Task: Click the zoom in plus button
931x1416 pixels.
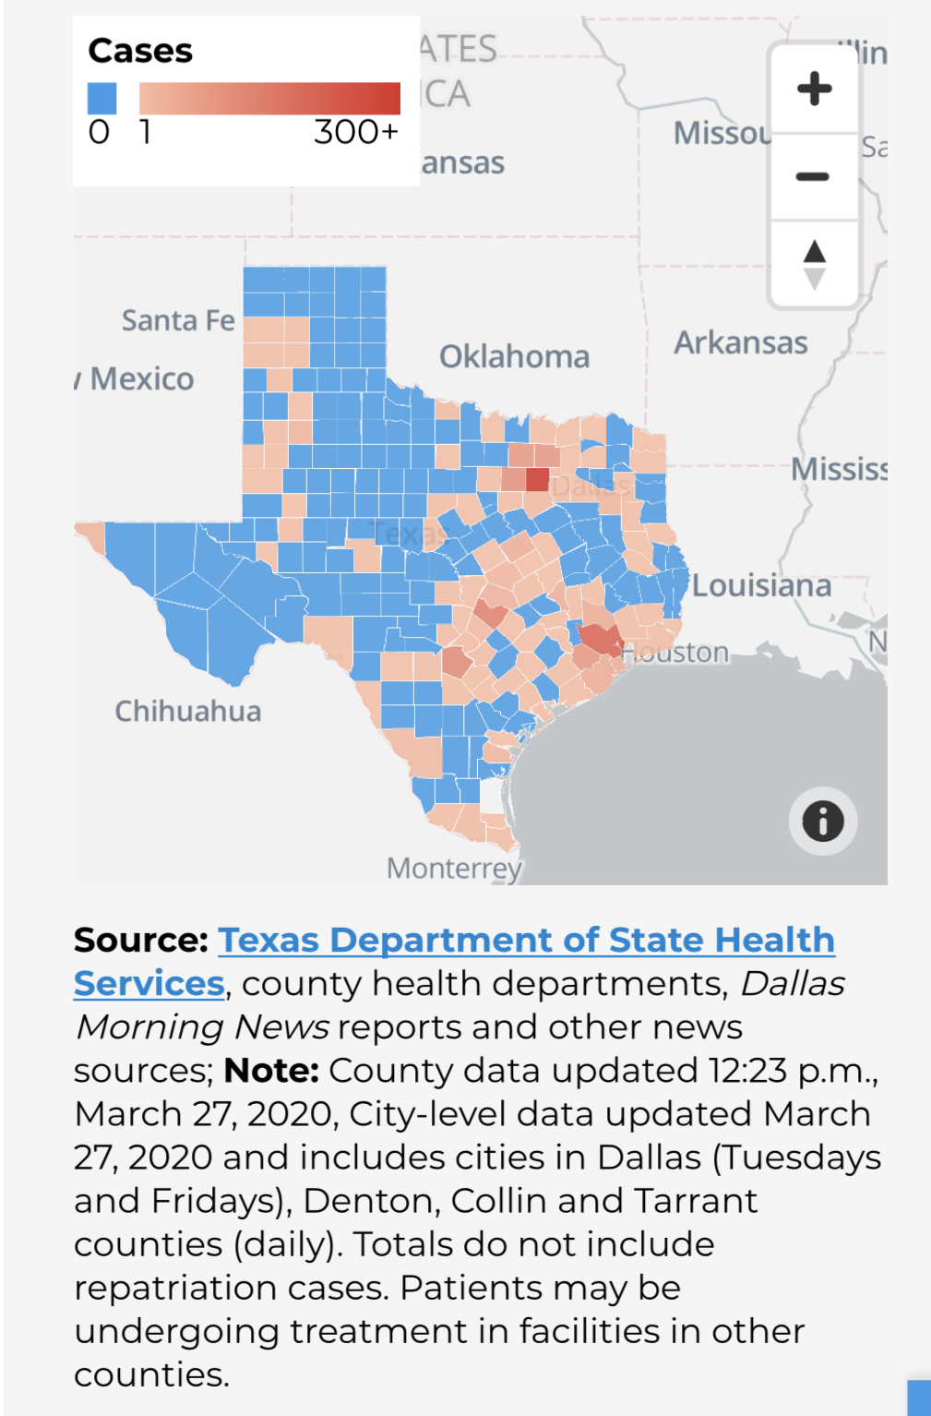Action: click(x=814, y=89)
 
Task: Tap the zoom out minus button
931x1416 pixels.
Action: click(x=814, y=175)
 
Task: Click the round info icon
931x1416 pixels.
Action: click(x=822, y=821)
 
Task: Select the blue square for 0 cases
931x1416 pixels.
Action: click(x=101, y=98)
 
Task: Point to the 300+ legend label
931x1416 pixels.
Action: click(x=355, y=132)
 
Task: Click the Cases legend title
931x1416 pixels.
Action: click(x=140, y=51)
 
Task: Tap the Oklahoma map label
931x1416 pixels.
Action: click(x=514, y=356)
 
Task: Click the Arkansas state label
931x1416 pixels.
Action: click(x=740, y=342)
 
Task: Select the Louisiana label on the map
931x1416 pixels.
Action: click(x=761, y=585)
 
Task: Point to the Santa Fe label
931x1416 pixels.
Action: click(x=178, y=320)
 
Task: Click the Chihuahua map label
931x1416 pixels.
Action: click(x=187, y=711)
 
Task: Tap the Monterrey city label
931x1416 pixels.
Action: click(x=453, y=868)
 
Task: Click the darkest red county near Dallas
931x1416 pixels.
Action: click(x=537, y=479)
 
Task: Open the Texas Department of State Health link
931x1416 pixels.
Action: click(x=526, y=940)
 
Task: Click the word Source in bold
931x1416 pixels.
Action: click(x=140, y=940)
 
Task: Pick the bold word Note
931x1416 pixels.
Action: click(x=271, y=1070)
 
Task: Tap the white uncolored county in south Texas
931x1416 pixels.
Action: click(x=492, y=796)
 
